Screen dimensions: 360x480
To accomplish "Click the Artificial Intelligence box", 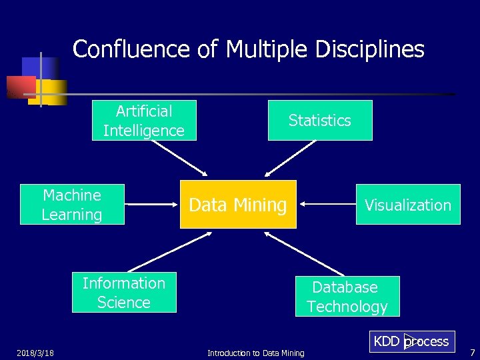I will coord(144,121).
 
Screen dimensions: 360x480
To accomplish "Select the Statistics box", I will coord(320,121).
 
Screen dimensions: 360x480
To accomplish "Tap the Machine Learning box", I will coord(72,205).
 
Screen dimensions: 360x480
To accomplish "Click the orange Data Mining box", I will coord(238,205).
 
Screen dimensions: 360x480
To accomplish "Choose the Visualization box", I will coord(407,205).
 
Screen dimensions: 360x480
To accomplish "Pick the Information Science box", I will coord(124,293).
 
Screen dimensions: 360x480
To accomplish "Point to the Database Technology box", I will coord(347,297).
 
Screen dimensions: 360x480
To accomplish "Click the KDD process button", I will coord(411,341).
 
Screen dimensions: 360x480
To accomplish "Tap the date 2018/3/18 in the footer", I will coord(35,353).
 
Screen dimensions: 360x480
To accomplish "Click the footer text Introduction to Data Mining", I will coord(255,353).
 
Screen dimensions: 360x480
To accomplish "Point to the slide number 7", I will coord(472,351).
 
